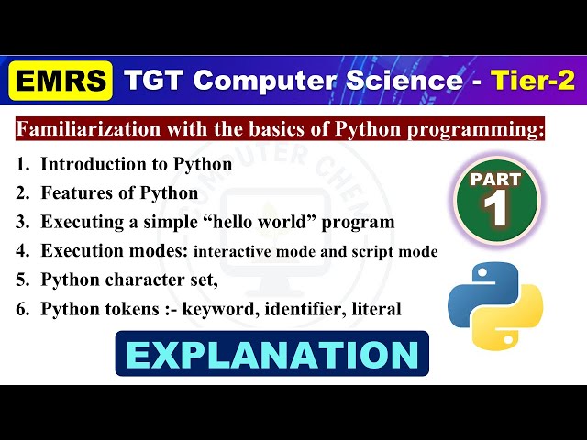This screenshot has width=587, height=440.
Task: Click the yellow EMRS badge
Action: pos(61,82)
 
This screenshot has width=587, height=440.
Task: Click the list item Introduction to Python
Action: pos(136,166)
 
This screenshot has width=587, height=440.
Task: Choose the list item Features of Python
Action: pos(119,193)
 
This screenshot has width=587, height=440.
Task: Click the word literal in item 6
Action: pos(375,309)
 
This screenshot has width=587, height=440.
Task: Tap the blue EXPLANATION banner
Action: pos(271,354)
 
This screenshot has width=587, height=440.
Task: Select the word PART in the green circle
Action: pos(496,180)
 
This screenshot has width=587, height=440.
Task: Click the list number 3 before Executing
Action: pos(21,222)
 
